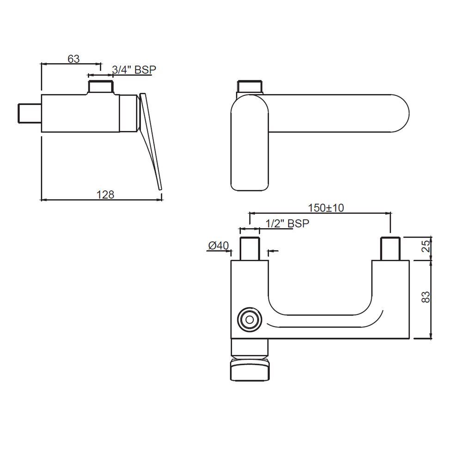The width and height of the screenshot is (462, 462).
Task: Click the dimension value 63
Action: click(x=73, y=59)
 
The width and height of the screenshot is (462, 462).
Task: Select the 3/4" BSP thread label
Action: click(x=134, y=70)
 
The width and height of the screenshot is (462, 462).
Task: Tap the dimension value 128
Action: click(x=105, y=195)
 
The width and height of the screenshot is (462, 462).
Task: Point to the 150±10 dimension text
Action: click(x=326, y=208)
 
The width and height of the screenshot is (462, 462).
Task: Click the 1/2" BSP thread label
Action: click(x=287, y=223)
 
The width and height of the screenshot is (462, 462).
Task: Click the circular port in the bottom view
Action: click(x=249, y=319)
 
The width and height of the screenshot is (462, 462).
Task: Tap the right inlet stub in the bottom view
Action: click(x=390, y=249)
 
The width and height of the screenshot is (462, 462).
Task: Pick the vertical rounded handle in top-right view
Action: click(x=249, y=148)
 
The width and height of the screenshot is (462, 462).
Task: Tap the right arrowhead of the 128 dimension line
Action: click(x=160, y=200)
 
